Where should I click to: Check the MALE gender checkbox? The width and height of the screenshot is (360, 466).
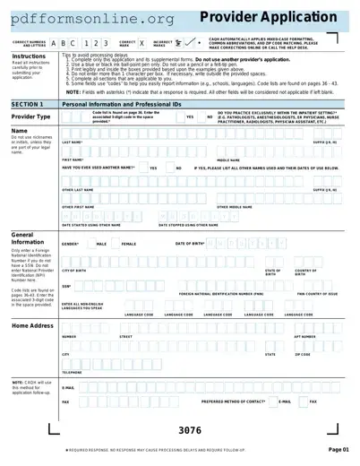pos(89,243)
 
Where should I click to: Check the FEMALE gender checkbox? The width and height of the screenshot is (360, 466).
pos(114,243)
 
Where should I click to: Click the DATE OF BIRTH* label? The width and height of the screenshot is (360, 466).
pos(191,243)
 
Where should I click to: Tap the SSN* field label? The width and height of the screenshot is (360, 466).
pos(66,287)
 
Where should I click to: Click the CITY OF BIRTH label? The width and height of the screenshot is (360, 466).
pos(74,270)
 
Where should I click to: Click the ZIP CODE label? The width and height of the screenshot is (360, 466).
pos(303,355)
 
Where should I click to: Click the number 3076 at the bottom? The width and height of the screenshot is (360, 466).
pos(190,429)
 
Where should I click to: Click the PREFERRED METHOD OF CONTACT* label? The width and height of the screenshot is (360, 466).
pos(234,401)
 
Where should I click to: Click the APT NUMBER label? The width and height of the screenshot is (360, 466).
pos(305,337)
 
